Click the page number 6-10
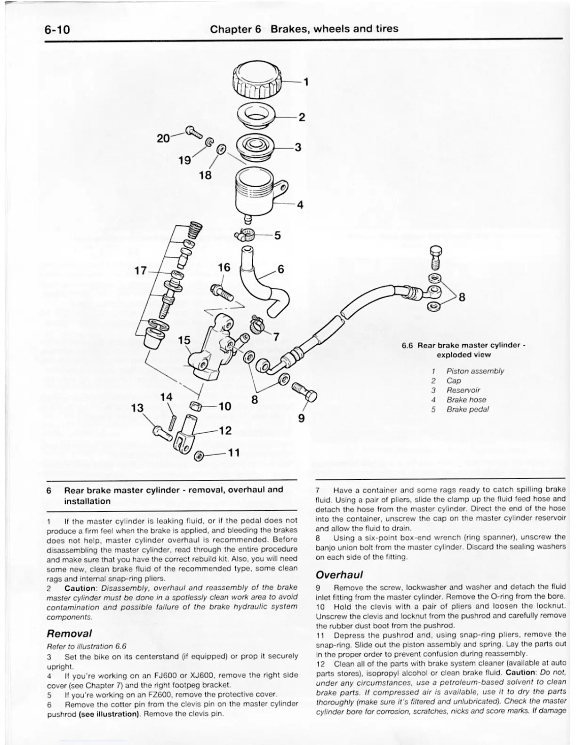click(57, 30)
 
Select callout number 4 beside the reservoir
click(300, 205)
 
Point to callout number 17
click(141, 271)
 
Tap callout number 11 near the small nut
click(234, 452)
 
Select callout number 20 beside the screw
click(163, 138)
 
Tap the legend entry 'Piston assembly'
click(475, 371)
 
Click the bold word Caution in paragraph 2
click(80, 588)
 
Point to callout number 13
click(137, 408)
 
